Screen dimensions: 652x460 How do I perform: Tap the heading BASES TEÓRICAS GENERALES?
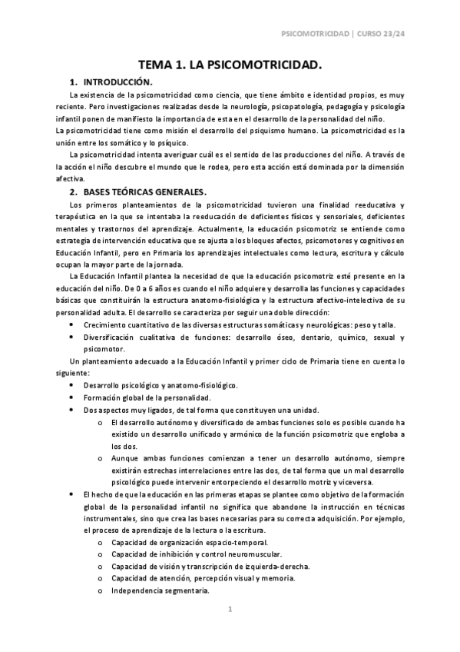pyautogui.click(x=146, y=191)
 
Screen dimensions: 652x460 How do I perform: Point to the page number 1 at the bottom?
pyautogui.click(x=229, y=609)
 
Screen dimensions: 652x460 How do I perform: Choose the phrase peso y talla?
pyautogui.click(x=372, y=324)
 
